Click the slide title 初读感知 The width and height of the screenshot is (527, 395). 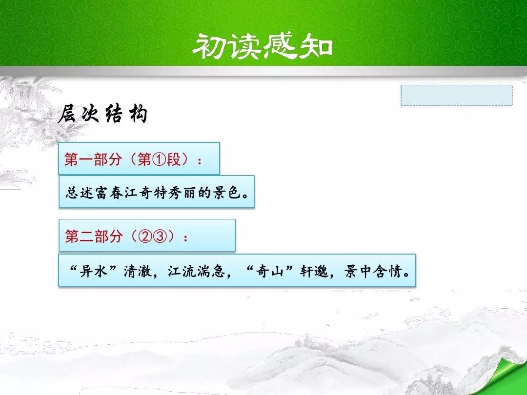coord(263,46)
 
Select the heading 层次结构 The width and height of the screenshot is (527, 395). coord(103,114)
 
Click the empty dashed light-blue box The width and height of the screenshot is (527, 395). coord(456,96)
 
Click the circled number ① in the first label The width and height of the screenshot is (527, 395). coord(160,159)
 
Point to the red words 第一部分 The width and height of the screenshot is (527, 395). coord(93,159)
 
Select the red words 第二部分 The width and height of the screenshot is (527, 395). coord(93,237)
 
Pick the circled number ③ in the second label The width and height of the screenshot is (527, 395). coord(160,237)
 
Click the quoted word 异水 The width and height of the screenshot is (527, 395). coord(94,271)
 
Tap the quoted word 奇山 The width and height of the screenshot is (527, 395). coord(270,271)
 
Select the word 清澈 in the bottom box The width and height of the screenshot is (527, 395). coord(138,271)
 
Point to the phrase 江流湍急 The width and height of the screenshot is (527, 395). coord(196,271)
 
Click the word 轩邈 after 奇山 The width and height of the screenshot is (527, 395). coord(314,271)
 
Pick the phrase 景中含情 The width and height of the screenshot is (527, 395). coord(373,271)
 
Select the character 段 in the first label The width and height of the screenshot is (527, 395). coord(174,159)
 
